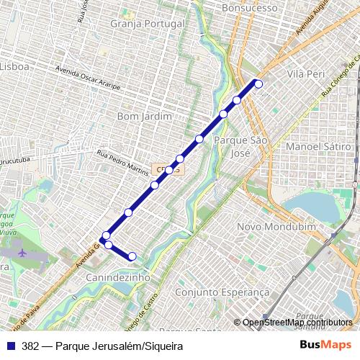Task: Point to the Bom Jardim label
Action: tap(144, 115)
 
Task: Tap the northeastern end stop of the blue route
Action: tap(258, 84)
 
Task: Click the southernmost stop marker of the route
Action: tap(132, 256)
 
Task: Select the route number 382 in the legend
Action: tap(30, 346)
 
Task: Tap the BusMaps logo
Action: tap(325, 346)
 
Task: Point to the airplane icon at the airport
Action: tap(22, 253)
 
